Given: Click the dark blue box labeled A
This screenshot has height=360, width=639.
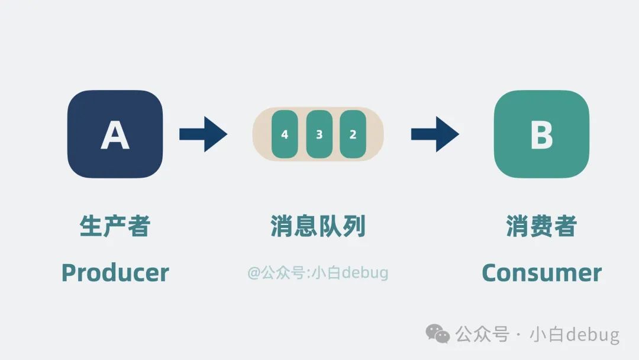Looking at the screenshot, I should click(x=115, y=134).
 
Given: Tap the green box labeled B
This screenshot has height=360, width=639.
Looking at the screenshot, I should click(x=541, y=134).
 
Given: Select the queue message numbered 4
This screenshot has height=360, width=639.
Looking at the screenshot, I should click(x=285, y=134).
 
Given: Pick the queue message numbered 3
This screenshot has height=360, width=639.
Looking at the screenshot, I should click(x=319, y=134).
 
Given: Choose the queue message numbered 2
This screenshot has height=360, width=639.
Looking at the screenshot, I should click(x=353, y=134).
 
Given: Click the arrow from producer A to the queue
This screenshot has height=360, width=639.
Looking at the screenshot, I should click(x=203, y=134).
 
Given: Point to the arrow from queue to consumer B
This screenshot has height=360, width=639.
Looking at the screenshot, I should click(x=435, y=134).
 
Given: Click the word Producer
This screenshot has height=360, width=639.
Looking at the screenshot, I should click(x=115, y=272).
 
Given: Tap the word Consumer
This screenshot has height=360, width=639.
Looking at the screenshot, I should click(x=541, y=272).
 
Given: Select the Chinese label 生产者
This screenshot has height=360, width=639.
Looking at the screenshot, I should click(x=115, y=226).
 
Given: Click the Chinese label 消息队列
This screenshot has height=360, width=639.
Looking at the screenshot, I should click(x=318, y=226).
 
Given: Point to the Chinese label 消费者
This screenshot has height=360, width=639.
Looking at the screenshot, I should click(x=541, y=226).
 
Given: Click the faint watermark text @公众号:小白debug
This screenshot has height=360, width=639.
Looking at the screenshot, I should click(x=318, y=272).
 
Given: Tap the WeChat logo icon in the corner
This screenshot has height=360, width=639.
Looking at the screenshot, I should click(x=438, y=334).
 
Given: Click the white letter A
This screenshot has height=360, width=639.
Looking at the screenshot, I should click(x=115, y=135).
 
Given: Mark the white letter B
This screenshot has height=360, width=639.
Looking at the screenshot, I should click(x=541, y=135).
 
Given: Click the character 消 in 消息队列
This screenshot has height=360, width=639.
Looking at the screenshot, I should click(x=282, y=226).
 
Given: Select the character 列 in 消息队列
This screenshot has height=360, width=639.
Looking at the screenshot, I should click(x=354, y=226).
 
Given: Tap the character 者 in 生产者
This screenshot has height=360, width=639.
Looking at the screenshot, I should click(x=138, y=226).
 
